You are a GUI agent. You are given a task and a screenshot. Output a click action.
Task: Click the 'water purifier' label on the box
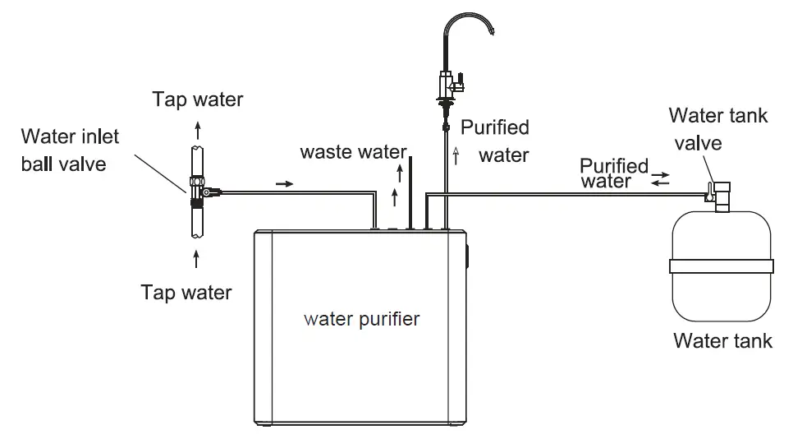(361, 318)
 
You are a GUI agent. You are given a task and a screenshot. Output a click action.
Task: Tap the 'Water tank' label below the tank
(722, 340)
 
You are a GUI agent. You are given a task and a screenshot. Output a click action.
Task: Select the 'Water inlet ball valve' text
(70, 149)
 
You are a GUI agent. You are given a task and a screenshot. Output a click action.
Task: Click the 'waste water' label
(353, 152)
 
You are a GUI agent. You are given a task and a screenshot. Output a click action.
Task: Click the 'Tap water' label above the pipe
(198, 99)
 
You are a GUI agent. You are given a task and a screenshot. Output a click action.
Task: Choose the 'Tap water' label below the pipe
(186, 292)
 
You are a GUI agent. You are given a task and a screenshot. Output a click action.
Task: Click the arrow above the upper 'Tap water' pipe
(196, 128)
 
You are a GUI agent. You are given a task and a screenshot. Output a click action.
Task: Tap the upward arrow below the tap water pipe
(196, 259)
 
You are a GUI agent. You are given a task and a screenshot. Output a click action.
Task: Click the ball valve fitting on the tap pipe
(199, 190)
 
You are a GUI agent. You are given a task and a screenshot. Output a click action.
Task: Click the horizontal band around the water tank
(722, 266)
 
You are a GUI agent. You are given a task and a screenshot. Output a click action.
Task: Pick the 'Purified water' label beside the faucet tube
(494, 141)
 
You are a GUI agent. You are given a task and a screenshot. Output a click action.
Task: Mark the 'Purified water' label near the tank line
(614, 173)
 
